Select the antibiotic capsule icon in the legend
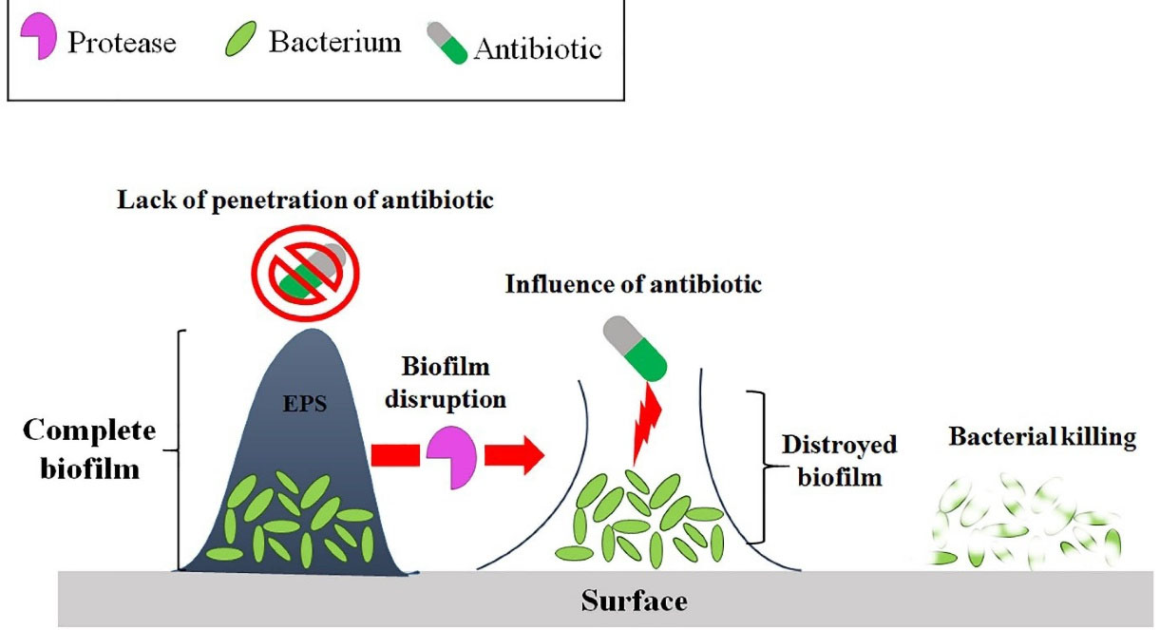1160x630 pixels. pyautogui.click(x=447, y=44)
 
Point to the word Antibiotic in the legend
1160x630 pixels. pyautogui.click(x=537, y=47)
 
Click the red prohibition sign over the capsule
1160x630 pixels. pyautogui.click(x=305, y=270)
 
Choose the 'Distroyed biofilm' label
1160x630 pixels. pyautogui.click(x=839, y=460)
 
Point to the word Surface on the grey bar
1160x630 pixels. pyautogui.click(x=634, y=601)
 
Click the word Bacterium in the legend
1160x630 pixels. pyautogui.click(x=334, y=42)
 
